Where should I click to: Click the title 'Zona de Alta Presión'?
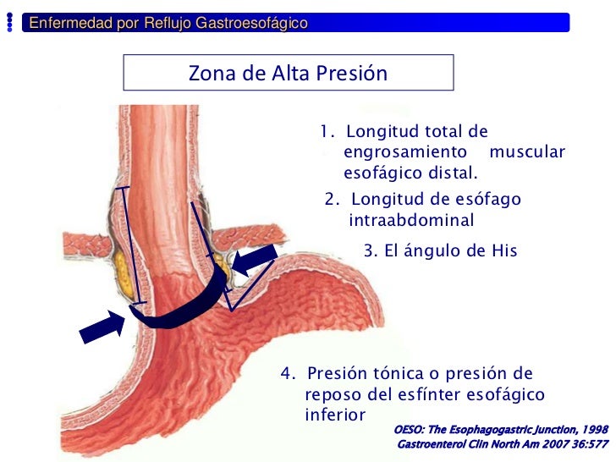point(288,74)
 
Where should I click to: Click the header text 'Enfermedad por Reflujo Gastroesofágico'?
point(168,23)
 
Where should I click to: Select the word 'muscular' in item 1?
point(527,152)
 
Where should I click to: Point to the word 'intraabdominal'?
point(411,221)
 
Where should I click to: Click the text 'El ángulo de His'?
point(451,251)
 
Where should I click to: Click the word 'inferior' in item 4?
point(334,415)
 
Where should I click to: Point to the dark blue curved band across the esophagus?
point(182,311)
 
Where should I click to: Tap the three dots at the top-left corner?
point(9,24)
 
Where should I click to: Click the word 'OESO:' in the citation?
point(410,430)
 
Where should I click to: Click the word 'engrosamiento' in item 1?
point(405,152)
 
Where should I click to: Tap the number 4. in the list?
point(289,374)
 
